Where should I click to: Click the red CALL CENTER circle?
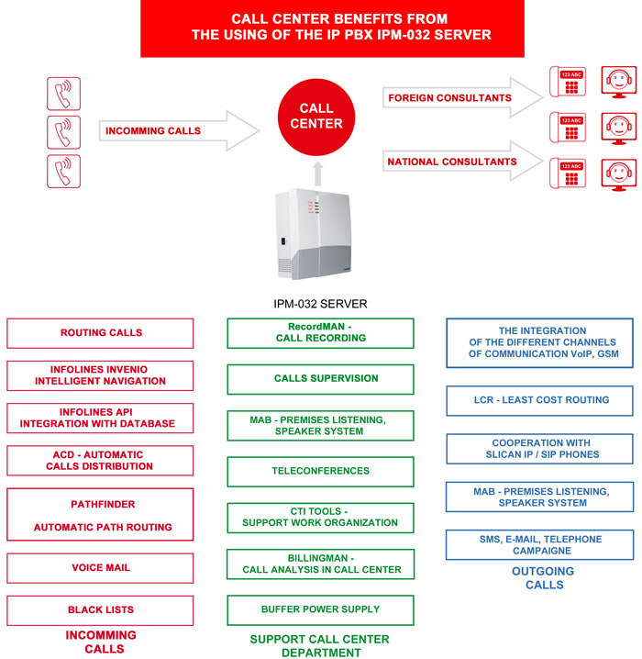(316, 117)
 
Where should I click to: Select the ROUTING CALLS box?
(100, 333)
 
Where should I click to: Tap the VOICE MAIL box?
(100, 568)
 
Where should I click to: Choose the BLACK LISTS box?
(100, 610)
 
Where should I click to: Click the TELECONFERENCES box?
(320, 472)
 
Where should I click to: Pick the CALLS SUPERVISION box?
(320, 379)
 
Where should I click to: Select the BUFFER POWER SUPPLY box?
(320, 609)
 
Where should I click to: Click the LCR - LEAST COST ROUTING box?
(539, 400)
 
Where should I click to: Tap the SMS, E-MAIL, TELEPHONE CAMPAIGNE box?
(539, 544)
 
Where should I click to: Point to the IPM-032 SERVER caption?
(320, 304)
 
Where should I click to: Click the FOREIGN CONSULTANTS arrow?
(463, 97)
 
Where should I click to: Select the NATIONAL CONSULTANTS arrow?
(463, 162)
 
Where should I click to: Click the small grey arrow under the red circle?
(318, 173)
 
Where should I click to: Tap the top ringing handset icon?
(64, 94)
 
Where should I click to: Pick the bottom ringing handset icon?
(64, 171)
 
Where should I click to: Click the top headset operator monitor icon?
(619, 82)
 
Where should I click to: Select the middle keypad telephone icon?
(568, 128)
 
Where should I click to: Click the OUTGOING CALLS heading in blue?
(543, 578)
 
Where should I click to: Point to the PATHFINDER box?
(100, 514)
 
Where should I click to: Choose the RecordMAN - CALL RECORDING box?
(320, 333)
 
